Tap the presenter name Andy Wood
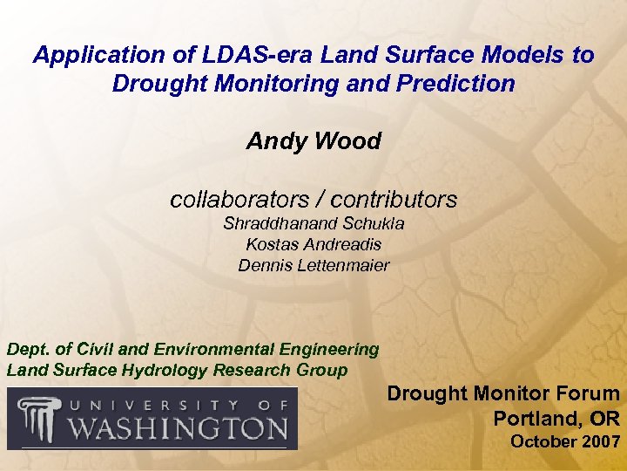point(313,141)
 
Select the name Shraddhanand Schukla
point(313,224)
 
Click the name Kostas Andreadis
point(313,245)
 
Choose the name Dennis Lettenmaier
point(313,265)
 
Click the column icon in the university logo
point(36,419)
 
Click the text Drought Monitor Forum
point(502,394)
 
